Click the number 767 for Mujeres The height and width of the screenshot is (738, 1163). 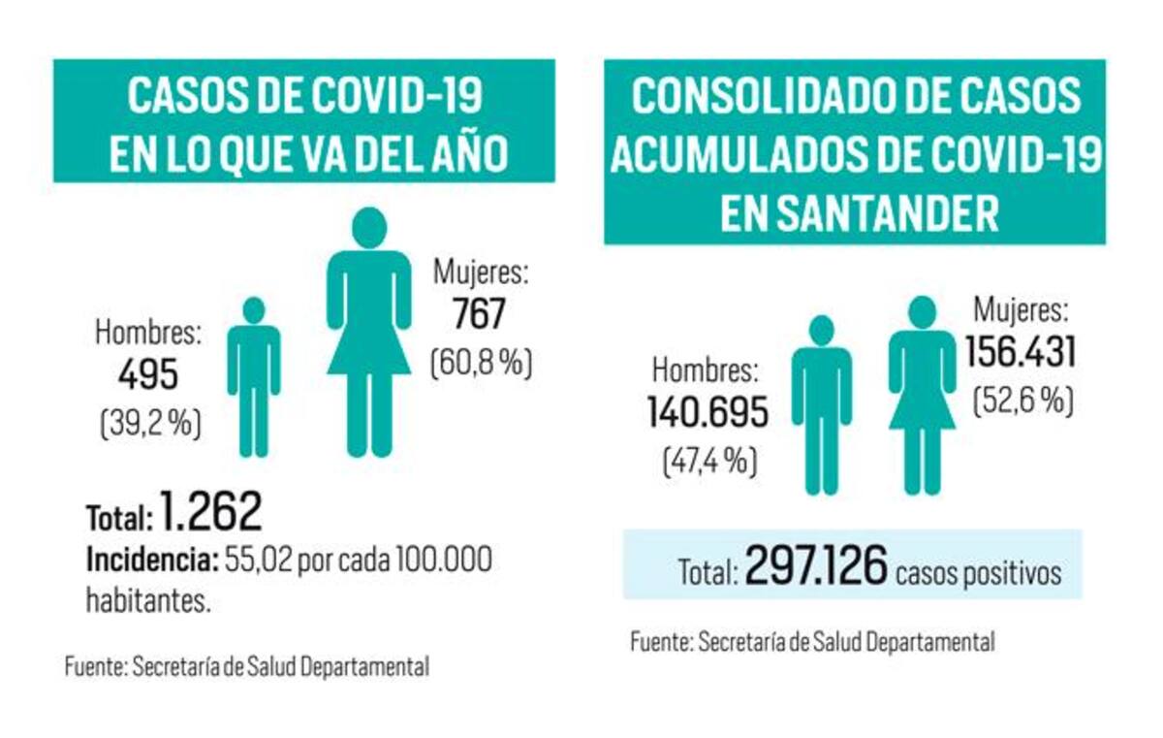[x=479, y=316]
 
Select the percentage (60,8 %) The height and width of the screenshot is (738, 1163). [x=481, y=364]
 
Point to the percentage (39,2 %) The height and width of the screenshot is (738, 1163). [x=149, y=424]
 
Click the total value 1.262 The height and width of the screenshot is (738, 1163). [x=212, y=513]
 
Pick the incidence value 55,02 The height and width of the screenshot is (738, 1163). [x=258, y=561]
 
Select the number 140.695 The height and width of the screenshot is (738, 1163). [x=707, y=413]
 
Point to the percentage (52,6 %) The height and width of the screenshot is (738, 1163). [x=1022, y=401]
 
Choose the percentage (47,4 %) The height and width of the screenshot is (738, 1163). [x=708, y=460]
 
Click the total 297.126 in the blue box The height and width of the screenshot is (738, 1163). [x=815, y=569]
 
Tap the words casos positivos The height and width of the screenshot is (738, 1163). [x=978, y=572]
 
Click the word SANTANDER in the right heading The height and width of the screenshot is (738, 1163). [x=859, y=213]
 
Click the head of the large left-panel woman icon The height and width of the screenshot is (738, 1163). [x=369, y=227]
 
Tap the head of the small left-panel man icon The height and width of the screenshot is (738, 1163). [x=254, y=310]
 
